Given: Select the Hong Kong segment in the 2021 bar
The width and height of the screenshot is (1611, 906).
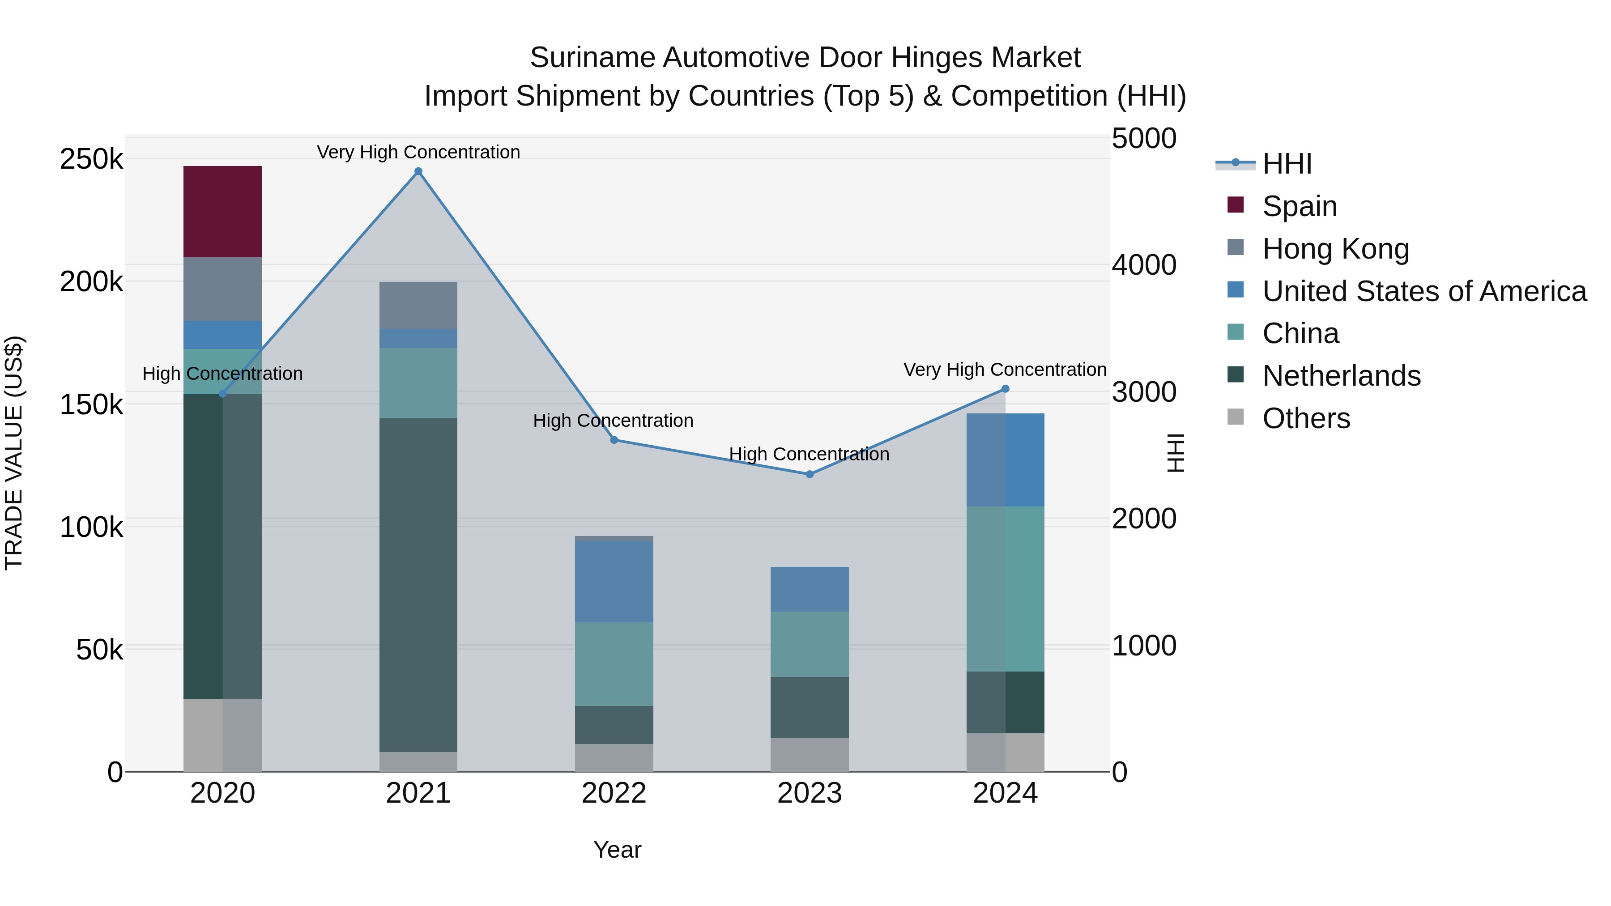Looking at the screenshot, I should [x=418, y=305].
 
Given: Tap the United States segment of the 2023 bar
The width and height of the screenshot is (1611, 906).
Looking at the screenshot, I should [x=809, y=589].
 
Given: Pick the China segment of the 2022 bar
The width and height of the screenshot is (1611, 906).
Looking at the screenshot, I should [x=614, y=664].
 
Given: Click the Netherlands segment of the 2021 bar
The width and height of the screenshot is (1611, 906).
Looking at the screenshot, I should [x=418, y=585].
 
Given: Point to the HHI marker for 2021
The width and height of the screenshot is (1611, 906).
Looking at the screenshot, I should [x=418, y=171].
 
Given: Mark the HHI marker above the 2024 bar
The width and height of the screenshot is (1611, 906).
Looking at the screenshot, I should [x=1005, y=389].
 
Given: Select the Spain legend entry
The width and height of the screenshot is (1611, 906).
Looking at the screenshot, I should [x=1299, y=206].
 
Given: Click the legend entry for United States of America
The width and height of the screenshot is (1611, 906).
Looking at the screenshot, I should [x=1424, y=291].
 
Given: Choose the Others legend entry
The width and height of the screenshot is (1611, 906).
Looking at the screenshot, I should [x=1306, y=418].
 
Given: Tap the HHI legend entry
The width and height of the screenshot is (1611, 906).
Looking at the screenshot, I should [x=1287, y=164].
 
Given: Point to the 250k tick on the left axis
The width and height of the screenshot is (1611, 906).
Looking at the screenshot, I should [x=91, y=159].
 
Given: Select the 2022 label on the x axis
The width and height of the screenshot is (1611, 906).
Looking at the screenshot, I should [x=614, y=793].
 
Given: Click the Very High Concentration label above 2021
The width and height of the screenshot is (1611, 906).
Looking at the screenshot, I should [x=418, y=152].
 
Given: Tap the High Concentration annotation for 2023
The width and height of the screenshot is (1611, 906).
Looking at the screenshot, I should [x=809, y=454].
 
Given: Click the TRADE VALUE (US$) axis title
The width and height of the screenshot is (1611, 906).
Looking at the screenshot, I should [x=14, y=453].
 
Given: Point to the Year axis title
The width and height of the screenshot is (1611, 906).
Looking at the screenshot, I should [x=617, y=850].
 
